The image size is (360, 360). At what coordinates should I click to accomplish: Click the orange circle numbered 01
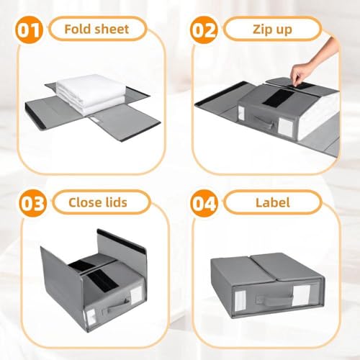[29, 30]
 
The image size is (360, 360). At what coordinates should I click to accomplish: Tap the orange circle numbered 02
[204, 30]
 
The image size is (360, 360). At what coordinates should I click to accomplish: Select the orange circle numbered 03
[32, 203]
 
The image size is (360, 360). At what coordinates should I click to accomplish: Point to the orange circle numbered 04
[204, 203]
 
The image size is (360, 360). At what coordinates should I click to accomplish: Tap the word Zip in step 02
[261, 30]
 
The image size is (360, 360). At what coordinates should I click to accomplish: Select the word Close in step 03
[82, 202]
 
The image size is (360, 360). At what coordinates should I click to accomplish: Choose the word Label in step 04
[273, 202]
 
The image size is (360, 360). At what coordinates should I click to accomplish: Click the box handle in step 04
[275, 300]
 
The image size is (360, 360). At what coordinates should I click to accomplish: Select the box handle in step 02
[264, 122]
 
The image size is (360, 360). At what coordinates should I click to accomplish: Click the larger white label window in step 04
[301, 295]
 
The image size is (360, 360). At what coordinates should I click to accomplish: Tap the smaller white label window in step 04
[240, 300]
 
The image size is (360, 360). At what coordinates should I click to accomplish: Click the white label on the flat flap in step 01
[95, 120]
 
